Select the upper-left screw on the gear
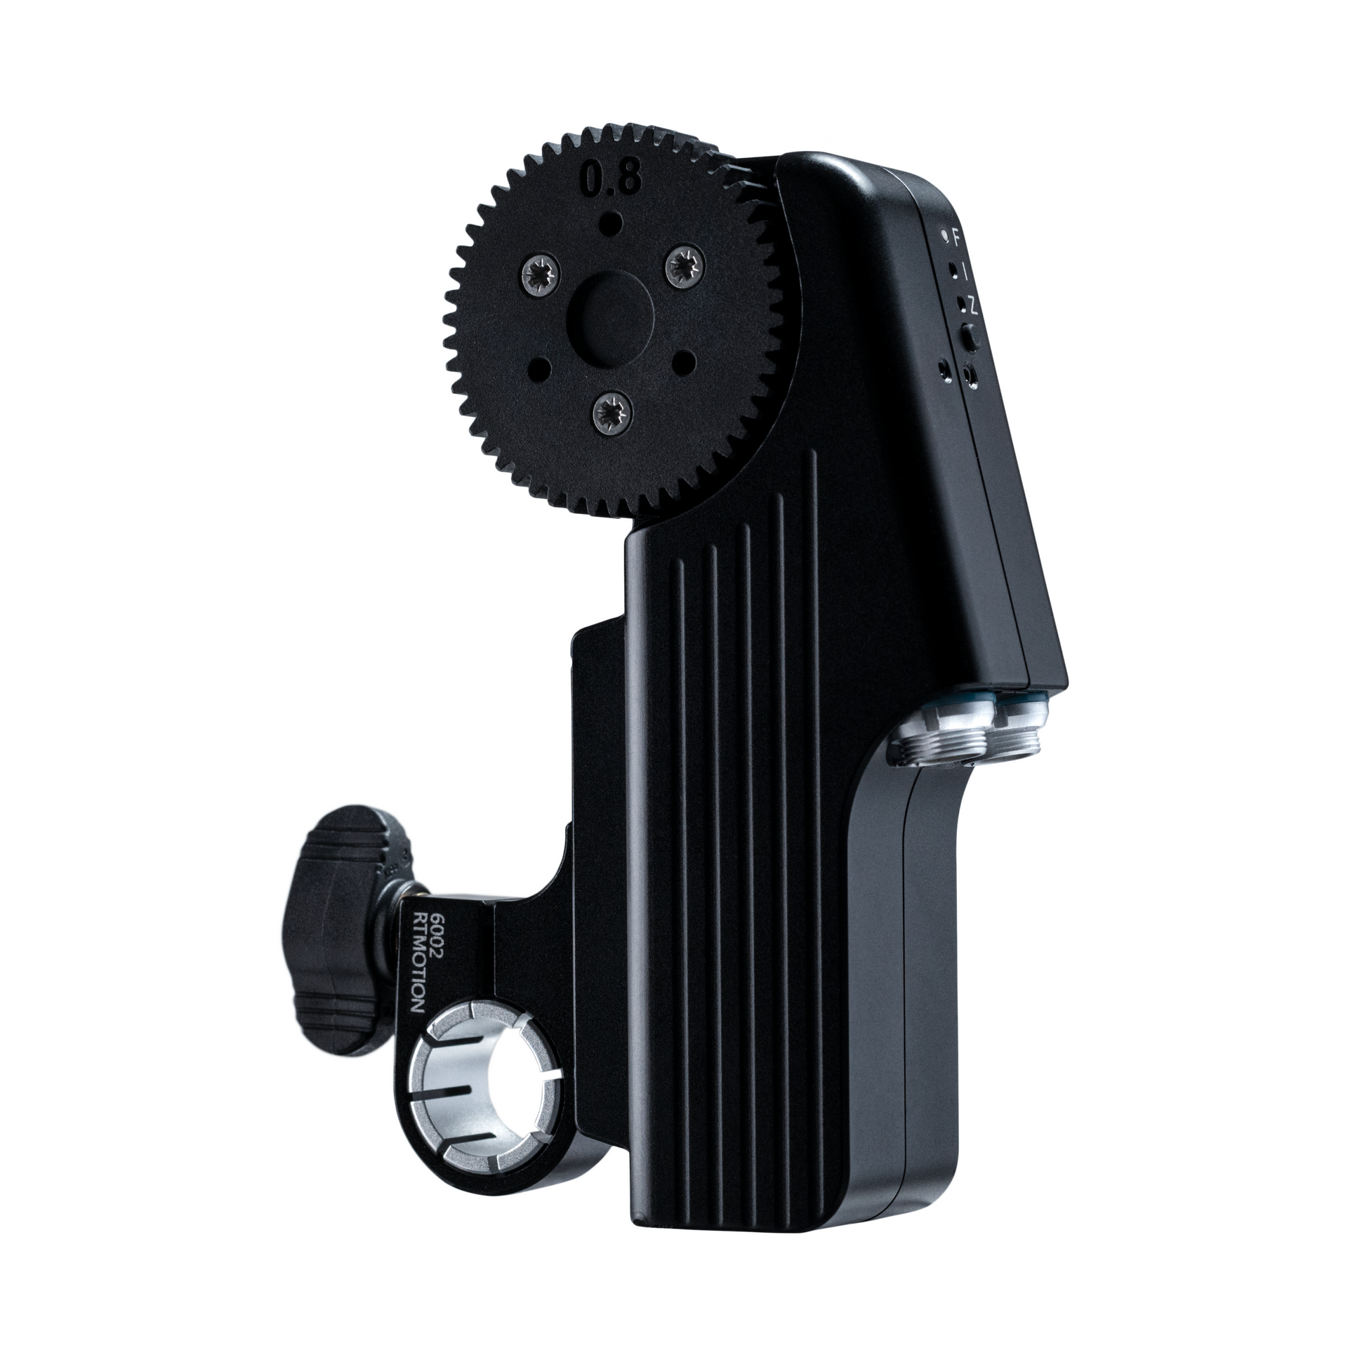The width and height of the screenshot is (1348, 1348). point(543,270)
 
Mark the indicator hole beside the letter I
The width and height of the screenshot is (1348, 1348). point(951,269)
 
